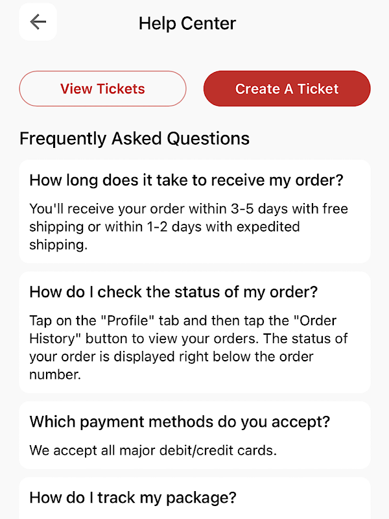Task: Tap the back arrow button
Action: [38, 22]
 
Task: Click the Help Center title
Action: [187, 23]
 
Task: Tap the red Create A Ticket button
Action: [287, 88]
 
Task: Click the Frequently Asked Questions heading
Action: [134, 138]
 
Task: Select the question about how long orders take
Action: [187, 180]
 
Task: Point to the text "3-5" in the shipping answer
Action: [242, 209]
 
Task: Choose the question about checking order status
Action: [174, 292]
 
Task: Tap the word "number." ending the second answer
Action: [55, 375]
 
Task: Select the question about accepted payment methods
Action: [180, 422]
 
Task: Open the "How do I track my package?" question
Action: [133, 498]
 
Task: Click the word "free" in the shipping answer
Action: [335, 209]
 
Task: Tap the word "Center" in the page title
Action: [208, 23]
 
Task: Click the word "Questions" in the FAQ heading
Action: [208, 138]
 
